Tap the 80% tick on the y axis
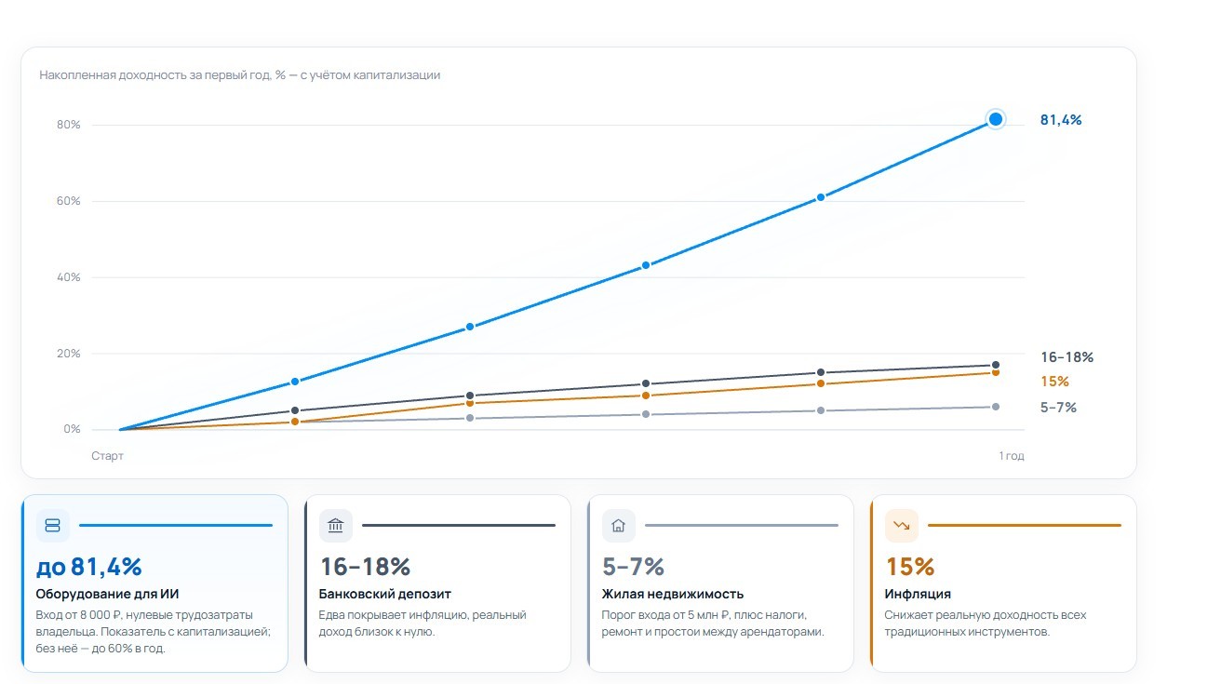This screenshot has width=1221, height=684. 68,125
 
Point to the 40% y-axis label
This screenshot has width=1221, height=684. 68,277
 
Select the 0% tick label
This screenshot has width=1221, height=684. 72,429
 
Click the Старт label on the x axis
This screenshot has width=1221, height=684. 107,456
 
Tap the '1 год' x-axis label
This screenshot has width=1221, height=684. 1011,456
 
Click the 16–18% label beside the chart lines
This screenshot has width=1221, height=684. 1067,357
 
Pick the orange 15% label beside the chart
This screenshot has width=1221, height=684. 1054,382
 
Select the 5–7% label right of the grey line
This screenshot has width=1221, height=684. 1058,407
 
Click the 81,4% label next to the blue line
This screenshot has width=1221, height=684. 1061,120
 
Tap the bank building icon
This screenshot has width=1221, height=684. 336,526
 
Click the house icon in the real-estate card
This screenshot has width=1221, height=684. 618,526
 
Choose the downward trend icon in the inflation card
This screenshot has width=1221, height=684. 902,526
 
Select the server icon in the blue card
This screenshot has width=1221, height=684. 53,526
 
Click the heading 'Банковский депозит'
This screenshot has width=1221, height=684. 385,594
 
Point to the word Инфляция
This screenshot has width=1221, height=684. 918,594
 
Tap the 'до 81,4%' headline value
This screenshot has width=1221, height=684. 88,567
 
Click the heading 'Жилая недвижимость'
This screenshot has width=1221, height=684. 673,594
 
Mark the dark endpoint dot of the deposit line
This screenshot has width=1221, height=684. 996,365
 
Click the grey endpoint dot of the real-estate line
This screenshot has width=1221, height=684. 996,407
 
